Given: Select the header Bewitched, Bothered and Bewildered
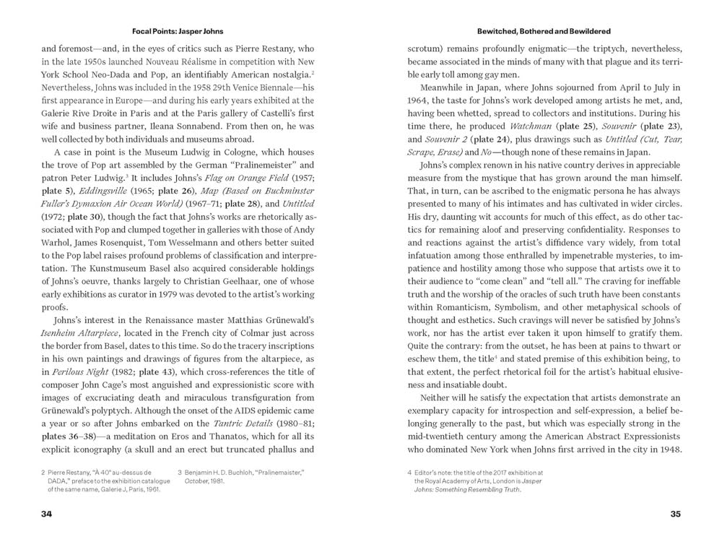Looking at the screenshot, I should pos(544,32).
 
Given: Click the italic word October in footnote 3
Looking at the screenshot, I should pos(197,480).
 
